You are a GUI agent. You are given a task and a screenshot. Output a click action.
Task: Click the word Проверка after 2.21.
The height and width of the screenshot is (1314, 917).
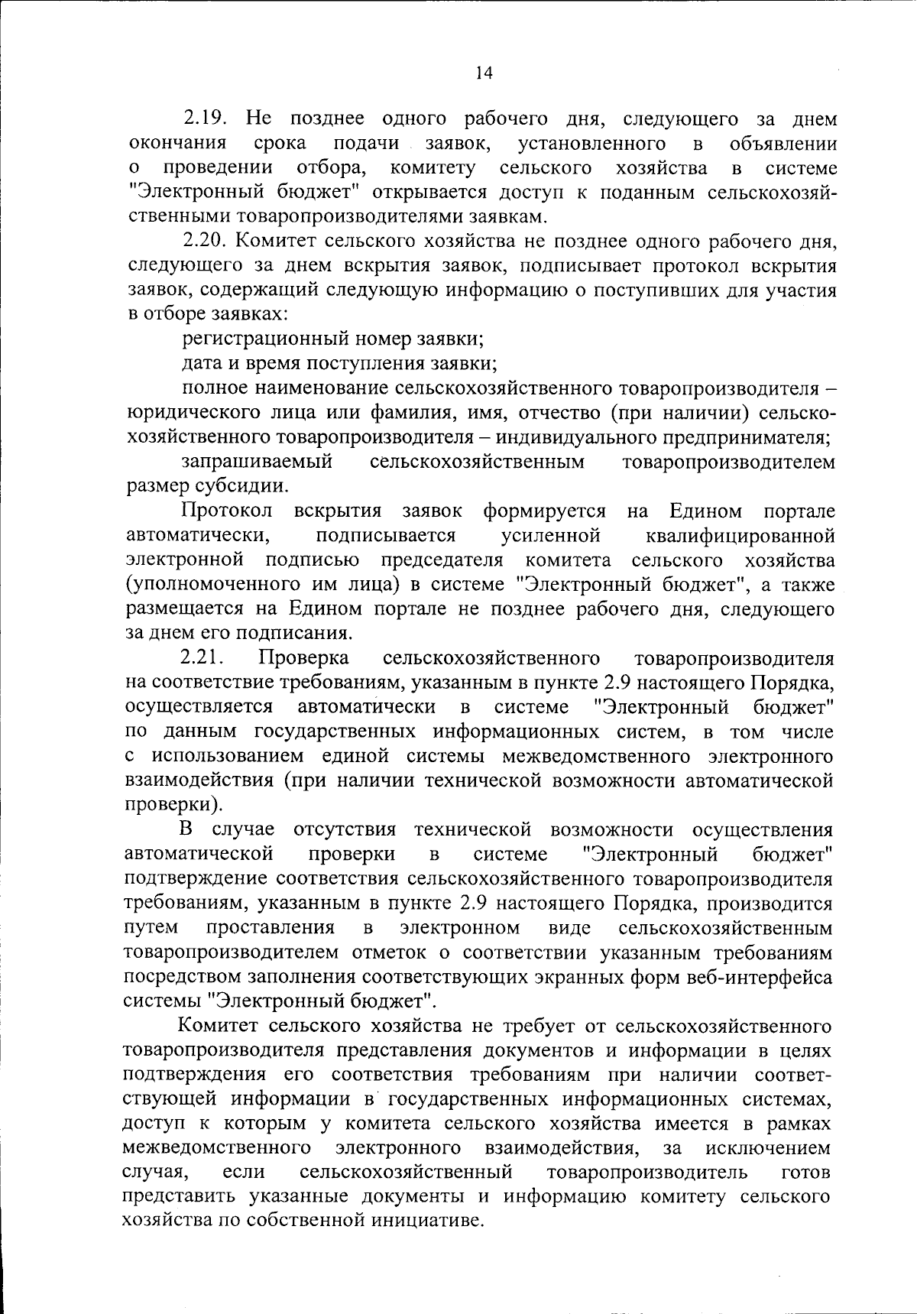(x=304, y=658)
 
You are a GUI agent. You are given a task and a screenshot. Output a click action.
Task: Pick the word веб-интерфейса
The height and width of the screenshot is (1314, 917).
(x=752, y=977)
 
